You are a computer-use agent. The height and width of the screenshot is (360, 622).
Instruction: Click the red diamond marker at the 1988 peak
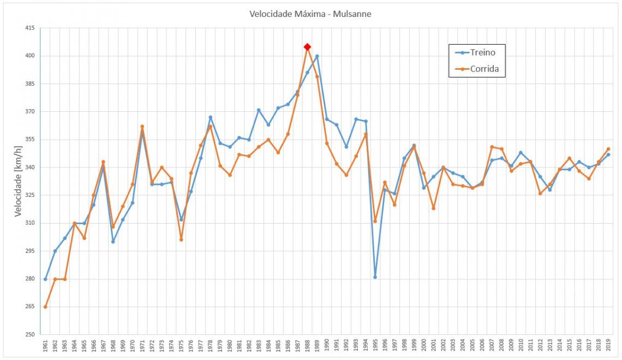(x=307, y=47)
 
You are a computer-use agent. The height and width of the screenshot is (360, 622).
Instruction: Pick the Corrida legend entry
(x=484, y=69)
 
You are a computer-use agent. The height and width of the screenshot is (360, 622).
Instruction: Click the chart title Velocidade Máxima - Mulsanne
(x=310, y=14)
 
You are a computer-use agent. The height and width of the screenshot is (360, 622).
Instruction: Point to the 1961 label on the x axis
(x=45, y=346)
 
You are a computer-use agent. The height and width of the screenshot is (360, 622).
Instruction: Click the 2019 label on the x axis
(x=608, y=346)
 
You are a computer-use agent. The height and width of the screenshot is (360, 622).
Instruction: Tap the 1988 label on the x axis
(x=307, y=346)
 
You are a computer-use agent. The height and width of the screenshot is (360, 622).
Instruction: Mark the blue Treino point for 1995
(x=375, y=277)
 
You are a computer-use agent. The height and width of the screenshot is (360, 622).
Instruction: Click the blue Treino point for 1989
(x=317, y=56)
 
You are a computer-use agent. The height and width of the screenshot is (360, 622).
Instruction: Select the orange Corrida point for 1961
(x=45, y=307)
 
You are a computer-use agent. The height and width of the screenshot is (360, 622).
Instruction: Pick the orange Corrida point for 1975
(x=181, y=240)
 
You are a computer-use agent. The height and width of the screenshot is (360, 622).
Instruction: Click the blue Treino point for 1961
(x=45, y=279)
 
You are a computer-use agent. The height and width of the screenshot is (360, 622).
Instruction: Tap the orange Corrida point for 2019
(x=608, y=149)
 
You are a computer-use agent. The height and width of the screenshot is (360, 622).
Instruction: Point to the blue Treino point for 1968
(x=113, y=242)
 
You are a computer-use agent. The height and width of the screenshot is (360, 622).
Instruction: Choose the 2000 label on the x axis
(x=424, y=346)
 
